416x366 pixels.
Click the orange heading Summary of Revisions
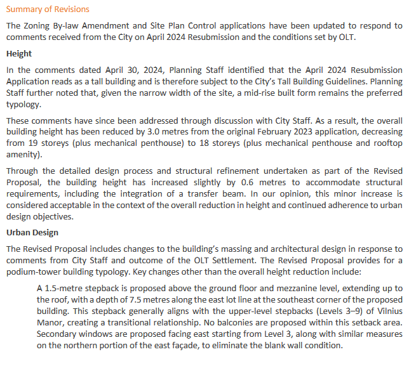(x=48, y=10)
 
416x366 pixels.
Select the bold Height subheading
(x=19, y=54)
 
